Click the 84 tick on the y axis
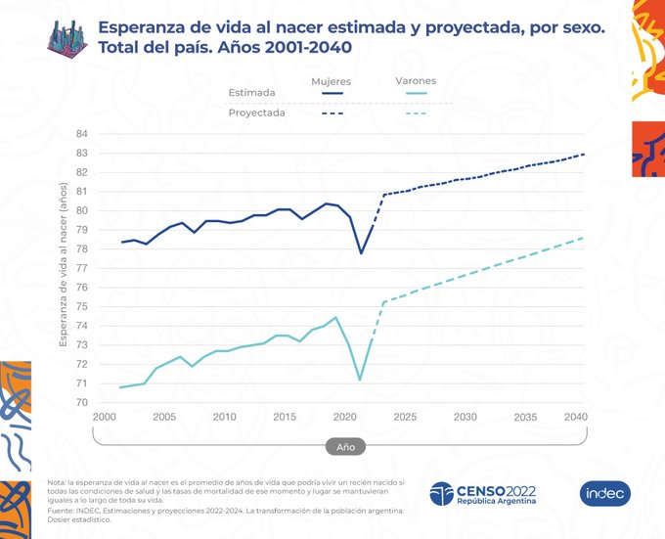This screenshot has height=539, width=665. [81, 134]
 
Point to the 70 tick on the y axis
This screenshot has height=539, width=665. [81, 402]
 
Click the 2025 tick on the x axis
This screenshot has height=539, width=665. [406, 417]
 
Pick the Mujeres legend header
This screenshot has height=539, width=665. [331, 81]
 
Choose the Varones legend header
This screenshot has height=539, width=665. [416, 81]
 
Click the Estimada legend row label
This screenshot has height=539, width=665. [251, 94]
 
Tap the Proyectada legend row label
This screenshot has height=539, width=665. [257, 112]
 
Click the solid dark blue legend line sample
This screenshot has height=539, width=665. [331, 94]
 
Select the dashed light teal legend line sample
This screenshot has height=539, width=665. [416, 113]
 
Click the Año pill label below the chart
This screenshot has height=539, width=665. [345, 445]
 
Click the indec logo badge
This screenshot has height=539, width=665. [604, 493]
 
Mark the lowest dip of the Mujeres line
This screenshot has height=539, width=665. [361, 253]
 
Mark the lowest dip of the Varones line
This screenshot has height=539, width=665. [361, 380]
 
